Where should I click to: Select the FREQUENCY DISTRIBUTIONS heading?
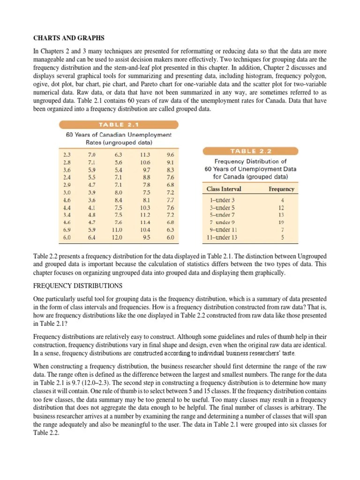coord(77,285)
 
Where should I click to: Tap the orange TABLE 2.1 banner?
coord(118,125)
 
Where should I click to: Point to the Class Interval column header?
coord(224,189)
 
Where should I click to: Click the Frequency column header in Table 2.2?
coord(281,189)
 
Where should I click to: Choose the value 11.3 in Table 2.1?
coord(145,154)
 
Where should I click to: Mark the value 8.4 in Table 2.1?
coord(118,200)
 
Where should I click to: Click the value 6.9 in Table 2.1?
coord(67,230)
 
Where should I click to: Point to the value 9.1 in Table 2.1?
coord(170,162)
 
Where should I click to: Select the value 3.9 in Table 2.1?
coord(91,192)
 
